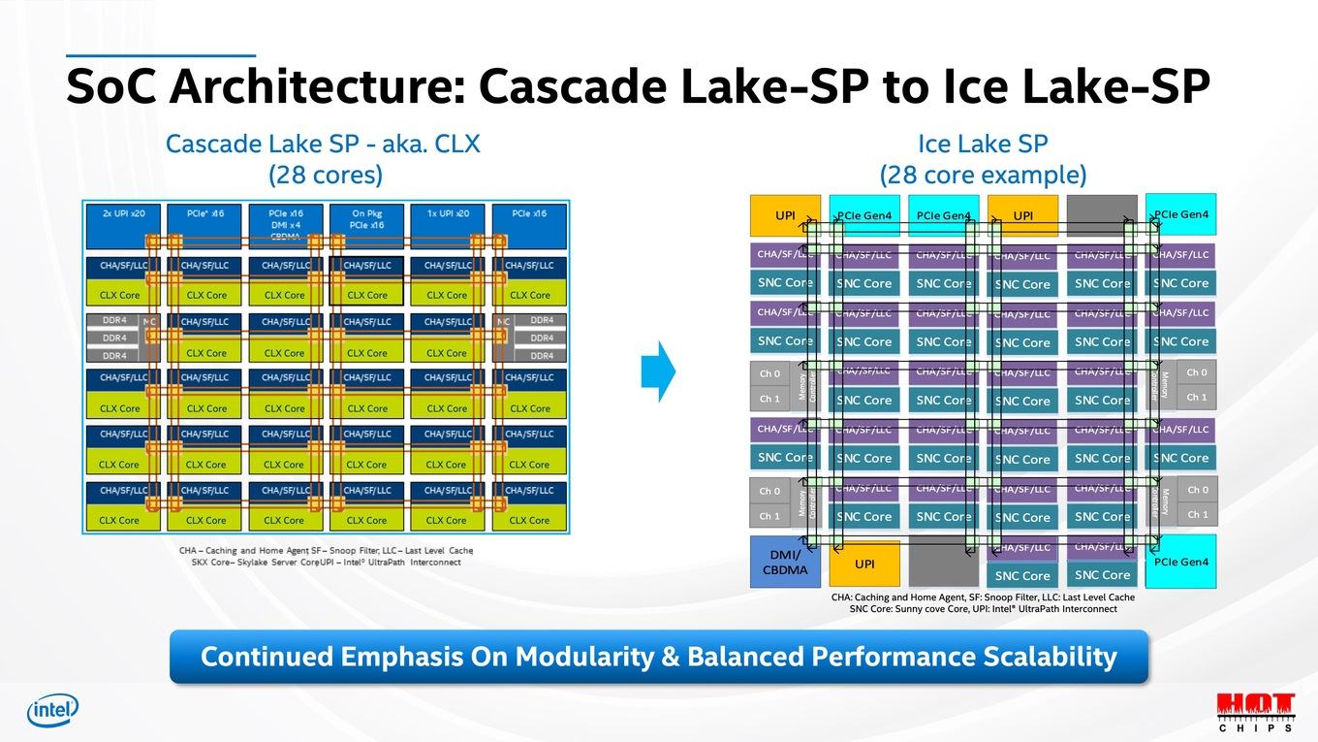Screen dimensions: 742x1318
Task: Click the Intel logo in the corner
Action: (x=52, y=711)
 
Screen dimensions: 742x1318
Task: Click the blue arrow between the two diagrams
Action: (x=658, y=371)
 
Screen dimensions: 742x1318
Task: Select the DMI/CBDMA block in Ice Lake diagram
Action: (x=785, y=562)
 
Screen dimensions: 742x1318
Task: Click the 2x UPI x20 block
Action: (x=123, y=225)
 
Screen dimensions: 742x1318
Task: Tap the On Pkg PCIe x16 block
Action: (x=366, y=225)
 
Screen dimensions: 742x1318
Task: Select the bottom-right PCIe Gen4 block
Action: (x=1180, y=562)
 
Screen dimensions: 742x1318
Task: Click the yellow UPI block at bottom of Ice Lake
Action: (x=864, y=564)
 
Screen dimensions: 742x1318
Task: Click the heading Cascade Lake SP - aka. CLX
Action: (x=323, y=145)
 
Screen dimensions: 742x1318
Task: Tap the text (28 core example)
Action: (x=983, y=176)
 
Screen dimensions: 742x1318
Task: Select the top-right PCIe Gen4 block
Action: (x=1180, y=214)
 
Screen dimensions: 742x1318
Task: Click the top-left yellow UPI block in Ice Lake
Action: (x=785, y=215)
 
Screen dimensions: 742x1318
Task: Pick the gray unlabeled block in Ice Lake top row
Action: (x=1102, y=215)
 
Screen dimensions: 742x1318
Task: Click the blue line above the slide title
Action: (x=160, y=56)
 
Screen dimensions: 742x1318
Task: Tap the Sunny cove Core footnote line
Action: (x=983, y=609)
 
